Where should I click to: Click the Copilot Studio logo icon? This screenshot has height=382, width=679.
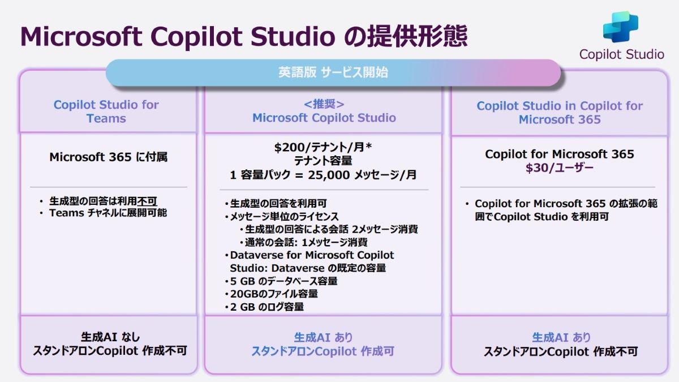tap(621, 27)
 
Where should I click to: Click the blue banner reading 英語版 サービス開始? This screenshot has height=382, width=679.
tap(333, 73)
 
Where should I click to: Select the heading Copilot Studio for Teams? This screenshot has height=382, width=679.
tap(106, 111)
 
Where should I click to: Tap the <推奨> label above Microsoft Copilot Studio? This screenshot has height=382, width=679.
tap(324, 104)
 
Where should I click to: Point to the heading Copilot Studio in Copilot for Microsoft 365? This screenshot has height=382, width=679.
tap(560, 113)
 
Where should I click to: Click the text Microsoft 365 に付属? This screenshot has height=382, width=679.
tap(108, 157)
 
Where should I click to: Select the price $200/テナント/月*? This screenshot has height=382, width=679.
tap(323, 147)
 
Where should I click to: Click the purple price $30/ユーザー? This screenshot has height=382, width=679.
tap(559, 168)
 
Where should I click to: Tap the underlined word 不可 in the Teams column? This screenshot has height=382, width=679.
tap(147, 201)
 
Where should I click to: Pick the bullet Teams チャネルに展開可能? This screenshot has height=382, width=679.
tap(108, 213)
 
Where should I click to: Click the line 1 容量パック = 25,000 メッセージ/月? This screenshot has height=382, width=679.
tap(323, 175)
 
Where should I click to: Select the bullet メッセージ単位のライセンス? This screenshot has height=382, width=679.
tap(284, 216)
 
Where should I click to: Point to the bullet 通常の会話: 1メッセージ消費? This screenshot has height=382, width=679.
tap(306, 242)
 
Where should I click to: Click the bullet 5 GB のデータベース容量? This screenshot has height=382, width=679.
tap(283, 281)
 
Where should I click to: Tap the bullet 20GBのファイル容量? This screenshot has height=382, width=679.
tap(274, 294)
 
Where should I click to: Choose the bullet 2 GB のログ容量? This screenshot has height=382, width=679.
tap(267, 307)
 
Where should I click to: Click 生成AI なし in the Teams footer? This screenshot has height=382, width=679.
tap(110, 337)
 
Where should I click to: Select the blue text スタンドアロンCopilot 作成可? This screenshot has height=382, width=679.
tap(323, 351)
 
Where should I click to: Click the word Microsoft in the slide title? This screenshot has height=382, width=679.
tap(81, 37)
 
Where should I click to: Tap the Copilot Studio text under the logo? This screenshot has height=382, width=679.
tap(622, 54)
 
